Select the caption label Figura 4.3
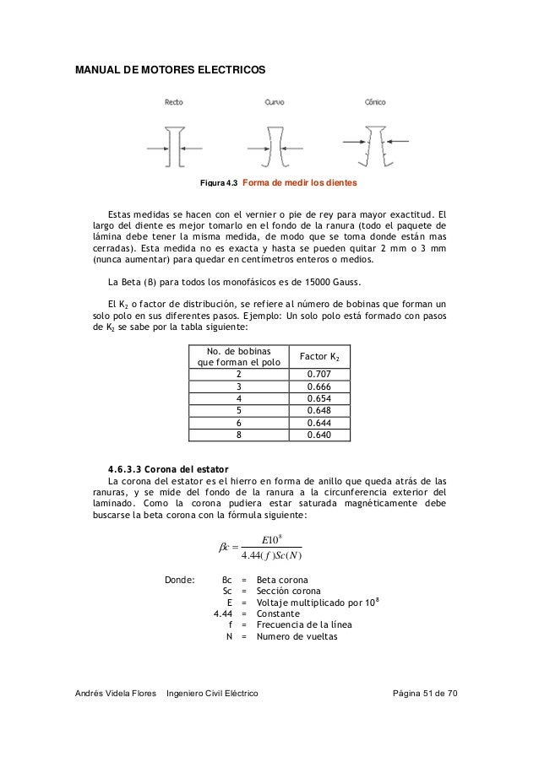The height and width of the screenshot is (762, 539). click(x=218, y=183)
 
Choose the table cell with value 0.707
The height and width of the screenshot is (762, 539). click(x=318, y=374)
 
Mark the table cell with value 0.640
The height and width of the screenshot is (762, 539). click(x=318, y=435)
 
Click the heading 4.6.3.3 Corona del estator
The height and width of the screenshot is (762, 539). click(x=168, y=468)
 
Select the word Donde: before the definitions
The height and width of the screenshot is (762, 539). click(x=178, y=580)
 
